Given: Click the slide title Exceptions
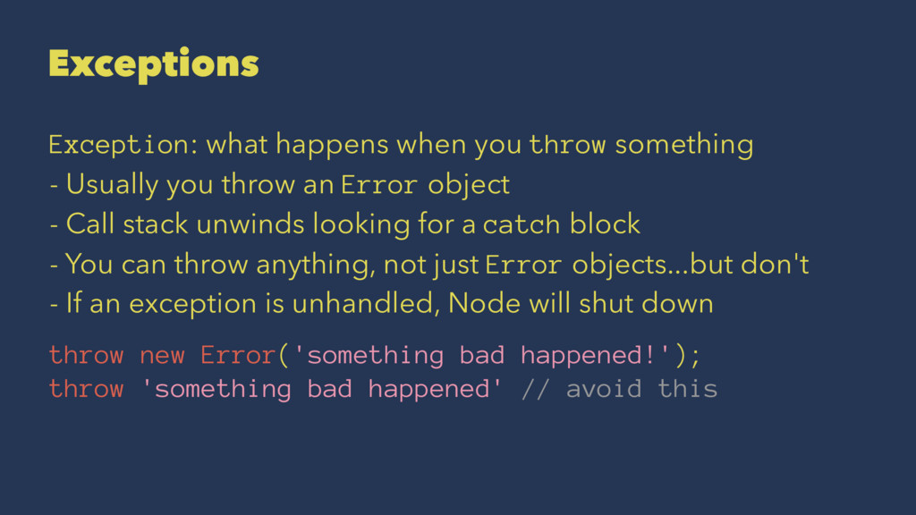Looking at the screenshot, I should pyautogui.click(x=154, y=63).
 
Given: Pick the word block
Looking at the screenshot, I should pyautogui.click(x=607, y=224).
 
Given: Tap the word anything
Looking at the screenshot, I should pyautogui.click(x=305, y=265).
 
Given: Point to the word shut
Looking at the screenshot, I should pyautogui.click(x=609, y=304).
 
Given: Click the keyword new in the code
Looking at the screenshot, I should pyautogui.click(x=162, y=355).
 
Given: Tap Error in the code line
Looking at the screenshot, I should pyautogui.click(x=237, y=355).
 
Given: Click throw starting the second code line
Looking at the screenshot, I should pyautogui.click(x=86, y=389).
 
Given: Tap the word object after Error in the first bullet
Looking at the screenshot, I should pyautogui.click(x=468, y=185).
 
